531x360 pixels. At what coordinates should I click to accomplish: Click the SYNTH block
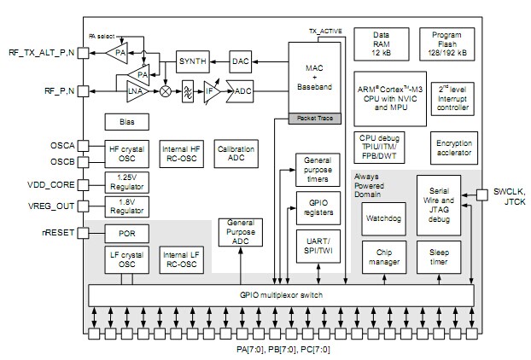(192, 61)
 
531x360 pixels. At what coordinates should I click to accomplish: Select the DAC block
(242, 61)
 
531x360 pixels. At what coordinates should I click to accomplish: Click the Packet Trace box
(313, 119)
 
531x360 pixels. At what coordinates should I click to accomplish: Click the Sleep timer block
(439, 254)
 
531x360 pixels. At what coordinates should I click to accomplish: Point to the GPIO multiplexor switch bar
(282, 294)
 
